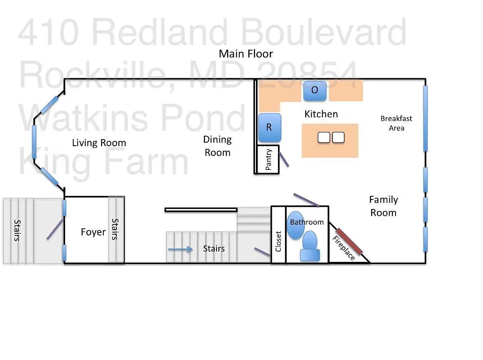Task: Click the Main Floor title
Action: [246, 54]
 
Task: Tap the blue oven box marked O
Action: [315, 90]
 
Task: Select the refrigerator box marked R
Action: [269, 127]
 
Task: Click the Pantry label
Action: [268, 160]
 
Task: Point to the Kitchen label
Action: [321, 114]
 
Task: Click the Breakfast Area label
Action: [396, 123]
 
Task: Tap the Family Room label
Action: [383, 206]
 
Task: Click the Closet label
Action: [278, 241]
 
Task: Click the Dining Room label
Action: [217, 146]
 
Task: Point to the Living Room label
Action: [99, 143]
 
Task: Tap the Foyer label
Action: [93, 232]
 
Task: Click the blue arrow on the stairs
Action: [180, 249]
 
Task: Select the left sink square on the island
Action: [324, 138]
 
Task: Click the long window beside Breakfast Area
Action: [425, 118]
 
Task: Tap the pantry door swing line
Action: [284, 158]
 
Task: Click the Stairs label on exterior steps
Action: [17, 230]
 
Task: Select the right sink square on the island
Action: [338, 138]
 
